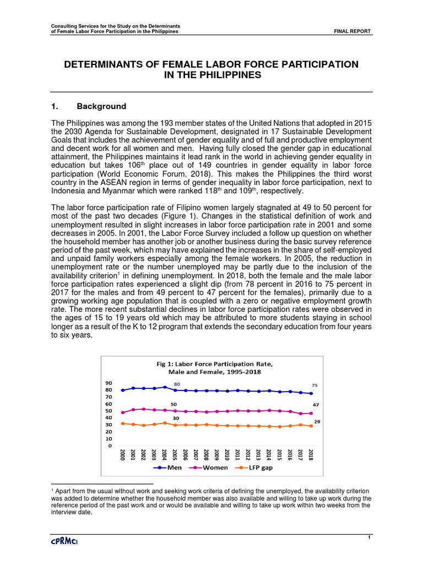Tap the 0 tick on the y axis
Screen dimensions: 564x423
tap(110, 446)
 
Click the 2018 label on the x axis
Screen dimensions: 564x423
tap(311, 455)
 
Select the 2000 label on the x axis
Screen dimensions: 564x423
tap(122, 455)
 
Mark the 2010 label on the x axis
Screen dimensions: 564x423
tap(227, 455)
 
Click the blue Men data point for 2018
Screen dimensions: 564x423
tap(311, 393)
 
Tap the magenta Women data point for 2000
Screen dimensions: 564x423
tap(122, 413)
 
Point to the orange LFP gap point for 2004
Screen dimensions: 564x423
tap(165, 423)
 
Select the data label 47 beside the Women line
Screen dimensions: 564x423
tap(316, 405)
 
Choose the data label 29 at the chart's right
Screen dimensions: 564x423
tap(317, 420)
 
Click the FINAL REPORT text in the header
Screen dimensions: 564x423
tap(352, 31)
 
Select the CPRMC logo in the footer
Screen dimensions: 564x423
tap(66, 543)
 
